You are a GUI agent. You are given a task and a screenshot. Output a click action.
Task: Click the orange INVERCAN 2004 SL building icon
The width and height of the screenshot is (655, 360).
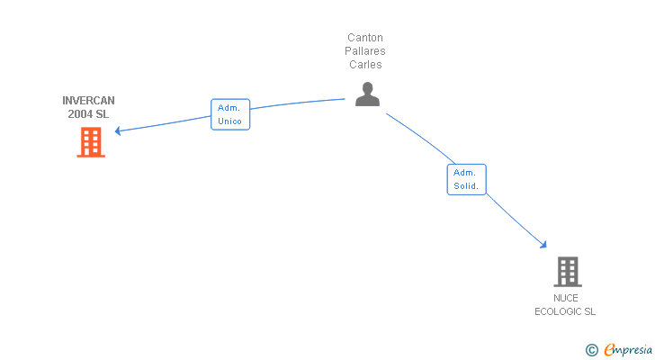pos(90,142)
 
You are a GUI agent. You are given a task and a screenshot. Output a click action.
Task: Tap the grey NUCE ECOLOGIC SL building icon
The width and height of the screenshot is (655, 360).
pos(567,271)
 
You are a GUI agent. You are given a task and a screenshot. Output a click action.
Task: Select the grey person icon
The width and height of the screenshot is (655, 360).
pos(367,94)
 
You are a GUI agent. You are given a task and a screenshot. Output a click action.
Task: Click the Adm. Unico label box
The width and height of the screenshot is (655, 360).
pos(230,114)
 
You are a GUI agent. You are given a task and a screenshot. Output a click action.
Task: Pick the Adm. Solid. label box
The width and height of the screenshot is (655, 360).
pos(466,179)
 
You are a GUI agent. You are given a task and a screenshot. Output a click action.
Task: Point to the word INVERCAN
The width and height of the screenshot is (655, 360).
pos(88,101)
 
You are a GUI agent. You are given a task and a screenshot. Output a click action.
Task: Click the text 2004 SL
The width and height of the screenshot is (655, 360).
pos(88,113)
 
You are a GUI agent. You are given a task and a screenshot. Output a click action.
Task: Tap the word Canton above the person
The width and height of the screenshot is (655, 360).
pos(365,38)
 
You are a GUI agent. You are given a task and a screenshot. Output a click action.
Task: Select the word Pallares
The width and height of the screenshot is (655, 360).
pos(365,51)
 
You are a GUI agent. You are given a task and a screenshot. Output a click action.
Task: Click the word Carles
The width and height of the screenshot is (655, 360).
pos(365,65)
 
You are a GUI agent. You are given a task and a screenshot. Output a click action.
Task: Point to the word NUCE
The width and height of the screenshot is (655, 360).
pos(566,298)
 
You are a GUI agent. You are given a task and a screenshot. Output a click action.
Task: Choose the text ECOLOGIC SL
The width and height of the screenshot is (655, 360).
pos(565,311)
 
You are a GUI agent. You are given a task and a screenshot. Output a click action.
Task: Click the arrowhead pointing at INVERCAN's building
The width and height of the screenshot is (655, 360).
pos(118,131)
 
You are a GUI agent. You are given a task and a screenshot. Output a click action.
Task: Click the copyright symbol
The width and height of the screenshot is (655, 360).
pos(592,350)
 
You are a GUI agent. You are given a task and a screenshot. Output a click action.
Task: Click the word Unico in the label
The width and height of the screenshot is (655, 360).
pos(230,121)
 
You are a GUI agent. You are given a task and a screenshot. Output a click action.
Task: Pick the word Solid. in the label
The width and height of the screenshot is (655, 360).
pos(466,186)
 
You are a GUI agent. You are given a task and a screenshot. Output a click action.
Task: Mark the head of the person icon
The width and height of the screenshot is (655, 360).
pos(367,87)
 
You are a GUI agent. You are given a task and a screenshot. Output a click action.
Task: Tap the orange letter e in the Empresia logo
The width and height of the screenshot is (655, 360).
pos(609,350)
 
